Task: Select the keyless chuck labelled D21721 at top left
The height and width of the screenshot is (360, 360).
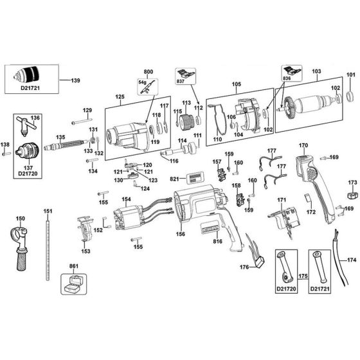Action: point(30,76)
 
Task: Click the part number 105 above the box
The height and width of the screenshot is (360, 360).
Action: point(236,84)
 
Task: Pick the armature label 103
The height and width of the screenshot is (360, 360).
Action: point(316,72)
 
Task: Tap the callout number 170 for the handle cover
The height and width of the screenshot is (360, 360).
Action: point(303,146)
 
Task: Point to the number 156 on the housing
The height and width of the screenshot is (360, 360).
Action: point(181,234)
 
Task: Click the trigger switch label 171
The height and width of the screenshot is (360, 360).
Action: point(281,201)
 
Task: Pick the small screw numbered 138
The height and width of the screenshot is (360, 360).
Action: point(6,145)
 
